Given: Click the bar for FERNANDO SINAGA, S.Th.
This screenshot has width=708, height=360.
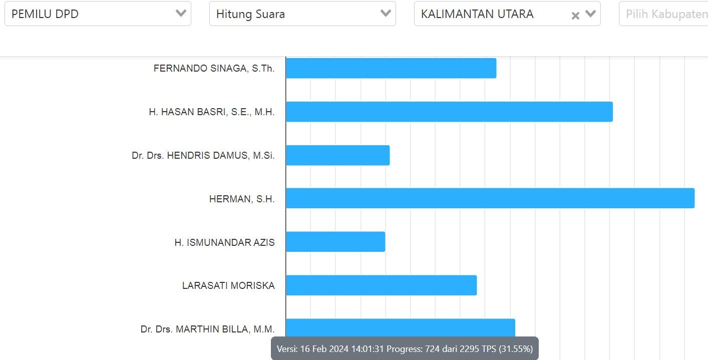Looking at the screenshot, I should [x=391, y=68].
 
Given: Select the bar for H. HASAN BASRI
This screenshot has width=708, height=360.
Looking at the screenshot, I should [x=449, y=112].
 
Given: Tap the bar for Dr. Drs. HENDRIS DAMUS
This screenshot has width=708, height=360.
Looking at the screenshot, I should [x=337, y=155].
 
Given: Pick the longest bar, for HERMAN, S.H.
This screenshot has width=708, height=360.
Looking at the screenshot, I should [x=490, y=198].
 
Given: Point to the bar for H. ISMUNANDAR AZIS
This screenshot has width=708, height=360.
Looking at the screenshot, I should [x=335, y=242].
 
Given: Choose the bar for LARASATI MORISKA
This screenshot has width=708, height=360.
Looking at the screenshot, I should [x=381, y=285].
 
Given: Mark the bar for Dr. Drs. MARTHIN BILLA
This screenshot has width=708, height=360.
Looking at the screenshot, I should [x=400, y=327].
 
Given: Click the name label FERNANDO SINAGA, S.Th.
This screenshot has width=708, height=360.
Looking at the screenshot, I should [x=214, y=69].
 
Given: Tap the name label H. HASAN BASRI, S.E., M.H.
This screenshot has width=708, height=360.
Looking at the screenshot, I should [x=211, y=112].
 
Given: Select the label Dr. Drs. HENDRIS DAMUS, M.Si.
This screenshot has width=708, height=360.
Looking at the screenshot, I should [x=203, y=156].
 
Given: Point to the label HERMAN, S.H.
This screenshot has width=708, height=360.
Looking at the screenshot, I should [x=242, y=199].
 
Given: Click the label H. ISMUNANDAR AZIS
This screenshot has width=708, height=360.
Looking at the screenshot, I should [x=224, y=243].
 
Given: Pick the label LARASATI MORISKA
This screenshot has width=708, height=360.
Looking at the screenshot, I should [x=228, y=286].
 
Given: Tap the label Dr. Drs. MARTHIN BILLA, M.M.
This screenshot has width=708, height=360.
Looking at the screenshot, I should [x=207, y=329].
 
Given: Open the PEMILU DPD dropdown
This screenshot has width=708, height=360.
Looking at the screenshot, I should [x=98, y=14].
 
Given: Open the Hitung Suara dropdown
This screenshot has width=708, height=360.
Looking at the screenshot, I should [x=302, y=14].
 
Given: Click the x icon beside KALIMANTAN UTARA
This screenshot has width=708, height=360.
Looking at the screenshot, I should [x=575, y=16].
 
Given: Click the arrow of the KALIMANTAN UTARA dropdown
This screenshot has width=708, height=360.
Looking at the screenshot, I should [x=590, y=14].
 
